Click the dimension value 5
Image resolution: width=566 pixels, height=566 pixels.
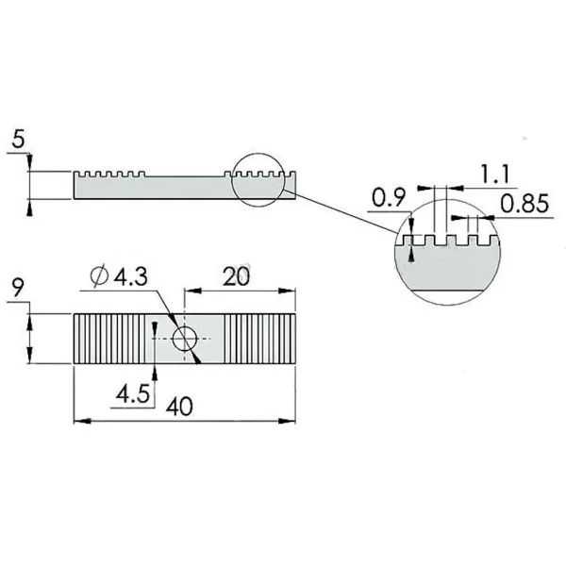[x=19, y=140]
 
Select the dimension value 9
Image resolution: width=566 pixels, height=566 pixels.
[x=18, y=288]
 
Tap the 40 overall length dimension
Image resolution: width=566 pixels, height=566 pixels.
[x=179, y=407]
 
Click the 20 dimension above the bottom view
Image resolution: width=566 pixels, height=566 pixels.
[x=237, y=276]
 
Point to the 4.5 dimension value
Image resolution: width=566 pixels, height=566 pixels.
[x=132, y=393]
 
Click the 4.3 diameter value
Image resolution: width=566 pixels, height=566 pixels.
[x=131, y=277]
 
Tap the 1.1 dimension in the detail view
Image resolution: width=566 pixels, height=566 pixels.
[x=494, y=174]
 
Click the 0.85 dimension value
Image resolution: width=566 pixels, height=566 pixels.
[x=524, y=204]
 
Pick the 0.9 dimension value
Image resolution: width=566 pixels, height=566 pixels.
[x=389, y=198]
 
